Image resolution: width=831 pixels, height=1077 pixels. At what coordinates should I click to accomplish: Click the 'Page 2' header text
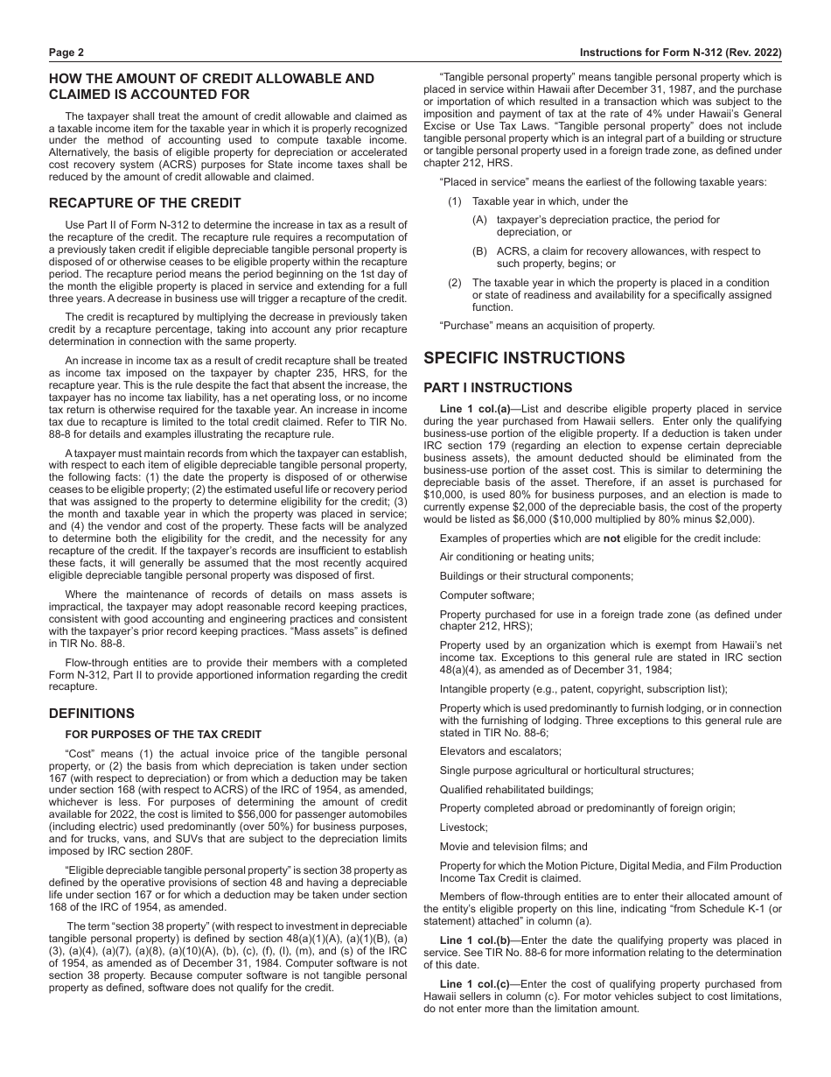coord(66,53)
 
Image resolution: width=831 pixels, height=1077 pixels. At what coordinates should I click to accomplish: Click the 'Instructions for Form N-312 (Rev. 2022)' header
coord(681,53)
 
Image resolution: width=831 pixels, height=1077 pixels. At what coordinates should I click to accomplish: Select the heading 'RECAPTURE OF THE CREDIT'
coord(144,203)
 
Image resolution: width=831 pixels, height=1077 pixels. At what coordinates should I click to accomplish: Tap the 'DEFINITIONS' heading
coord(92,714)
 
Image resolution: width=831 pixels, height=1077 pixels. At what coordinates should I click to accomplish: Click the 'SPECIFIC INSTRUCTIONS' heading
coord(524,358)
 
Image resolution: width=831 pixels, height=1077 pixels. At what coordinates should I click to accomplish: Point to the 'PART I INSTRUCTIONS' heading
coord(498,388)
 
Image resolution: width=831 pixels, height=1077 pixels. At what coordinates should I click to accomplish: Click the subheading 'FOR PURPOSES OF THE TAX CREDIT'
coord(163,735)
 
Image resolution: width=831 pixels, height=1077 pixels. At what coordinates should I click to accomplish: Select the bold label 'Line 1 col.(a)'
coord(477,409)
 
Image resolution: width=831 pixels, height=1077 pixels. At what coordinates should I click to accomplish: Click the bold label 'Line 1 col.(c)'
coord(477,983)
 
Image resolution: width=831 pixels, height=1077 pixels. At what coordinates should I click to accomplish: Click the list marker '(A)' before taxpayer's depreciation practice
coord(479,220)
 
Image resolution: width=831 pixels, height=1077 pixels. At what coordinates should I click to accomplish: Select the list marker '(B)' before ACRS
coord(479,251)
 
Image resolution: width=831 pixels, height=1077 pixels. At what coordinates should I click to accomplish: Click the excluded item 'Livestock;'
coord(464,827)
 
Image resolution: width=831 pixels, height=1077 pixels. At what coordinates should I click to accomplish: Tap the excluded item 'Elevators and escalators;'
coord(500,751)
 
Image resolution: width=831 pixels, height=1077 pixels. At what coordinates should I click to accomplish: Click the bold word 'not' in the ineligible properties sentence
coord(611,538)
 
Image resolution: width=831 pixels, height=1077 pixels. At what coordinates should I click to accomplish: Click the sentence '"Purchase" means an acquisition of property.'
coord(547,326)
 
